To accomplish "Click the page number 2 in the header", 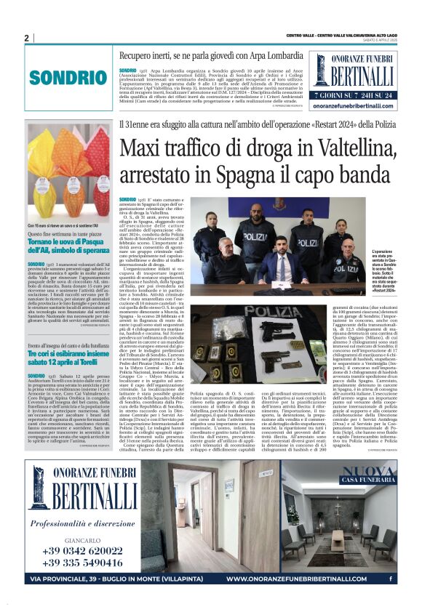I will pyautogui.click(x=26, y=38).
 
